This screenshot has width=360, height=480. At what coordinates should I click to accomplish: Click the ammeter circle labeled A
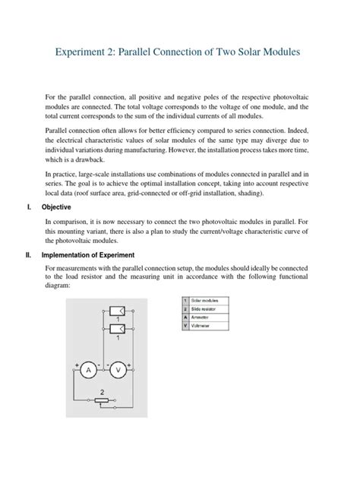(88, 370)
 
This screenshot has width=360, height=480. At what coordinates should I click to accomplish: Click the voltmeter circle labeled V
(118, 370)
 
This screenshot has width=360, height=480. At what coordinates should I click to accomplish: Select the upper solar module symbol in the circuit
(118, 311)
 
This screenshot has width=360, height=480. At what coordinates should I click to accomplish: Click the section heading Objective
(56, 207)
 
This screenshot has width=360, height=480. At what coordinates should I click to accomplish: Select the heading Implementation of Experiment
(88, 254)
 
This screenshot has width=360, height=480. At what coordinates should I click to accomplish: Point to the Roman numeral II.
(28, 254)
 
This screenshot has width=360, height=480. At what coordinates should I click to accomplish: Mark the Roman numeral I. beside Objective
(27, 207)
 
